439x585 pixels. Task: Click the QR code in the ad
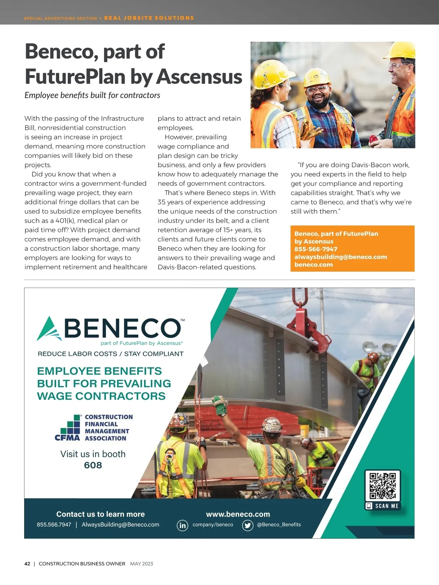(382, 486)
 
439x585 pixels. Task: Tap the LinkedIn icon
(182, 525)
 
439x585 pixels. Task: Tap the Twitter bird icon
(248, 525)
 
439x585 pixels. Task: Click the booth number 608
(93, 465)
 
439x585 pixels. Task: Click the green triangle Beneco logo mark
(49, 329)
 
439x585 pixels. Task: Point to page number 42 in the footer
(27, 564)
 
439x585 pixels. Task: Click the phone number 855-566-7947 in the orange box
(316, 249)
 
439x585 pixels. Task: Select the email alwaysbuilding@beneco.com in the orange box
(341, 257)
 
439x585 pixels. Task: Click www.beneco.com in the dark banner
(238, 514)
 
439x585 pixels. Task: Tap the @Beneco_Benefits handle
(279, 525)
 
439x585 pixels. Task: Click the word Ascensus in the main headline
(199, 77)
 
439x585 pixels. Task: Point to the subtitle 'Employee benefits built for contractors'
(92, 95)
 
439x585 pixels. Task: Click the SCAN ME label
(386, 506)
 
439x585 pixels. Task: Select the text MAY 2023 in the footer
(142, 564)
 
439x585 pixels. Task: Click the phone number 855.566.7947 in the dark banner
(54, 525)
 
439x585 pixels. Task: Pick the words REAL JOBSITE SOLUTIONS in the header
(149, 18)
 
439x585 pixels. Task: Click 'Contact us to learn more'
(101, 514)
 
